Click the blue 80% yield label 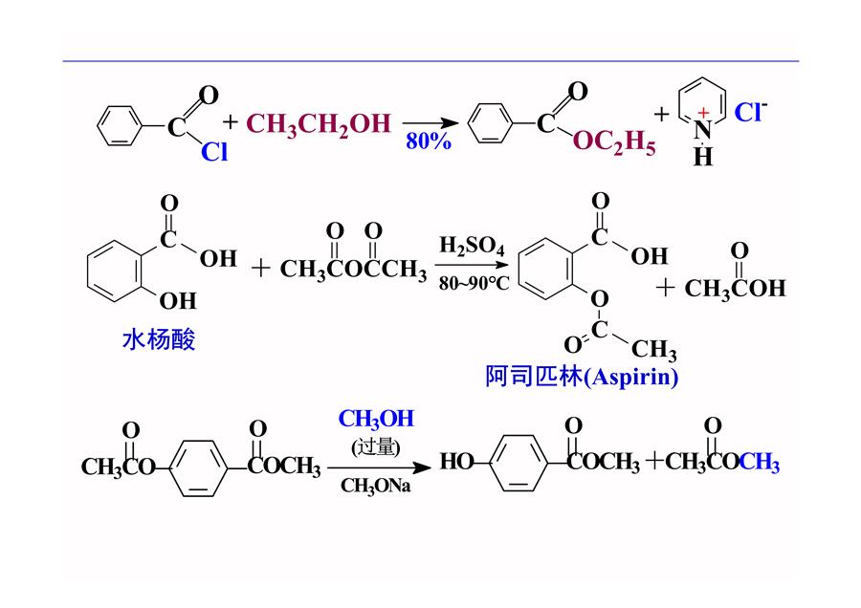pyautogui.click(x=429, y=141)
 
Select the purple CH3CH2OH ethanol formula pyautogui.click(x=319, y=124)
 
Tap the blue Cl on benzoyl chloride pyautogui.click(x=214, y=151)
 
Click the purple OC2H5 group pyautogui.click(x=614, y=142)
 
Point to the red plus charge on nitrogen pyautogui.click(x=703, y=113)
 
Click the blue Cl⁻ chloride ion pyautogui.click(x=751, y=112)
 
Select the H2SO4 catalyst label pyautogui.click(x=472, y=246)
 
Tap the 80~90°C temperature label pyautogui.click(x=474, y=283)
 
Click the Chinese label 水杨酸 pyautogui.click(x=159, y=339)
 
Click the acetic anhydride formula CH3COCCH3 pyautogui.click(x=353, y=269)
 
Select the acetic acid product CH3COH pyautogui.click(x=735, y=288)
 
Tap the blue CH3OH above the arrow pyautogui.click(x=376, y=420)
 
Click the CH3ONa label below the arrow pyautogui.click(x=375, y=486)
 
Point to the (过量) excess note pyautogui.click(x=376, y=446)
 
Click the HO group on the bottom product pyautogui.click(x=456, y=461)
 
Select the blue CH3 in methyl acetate pyautogui.click(x=759, y=462)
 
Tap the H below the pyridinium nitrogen pyautogui.click(x=703, y=157)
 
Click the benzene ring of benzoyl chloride pyautogui.click(x=120, y=126)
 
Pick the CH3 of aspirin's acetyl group pyautogui.click(x=654, y=350)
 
